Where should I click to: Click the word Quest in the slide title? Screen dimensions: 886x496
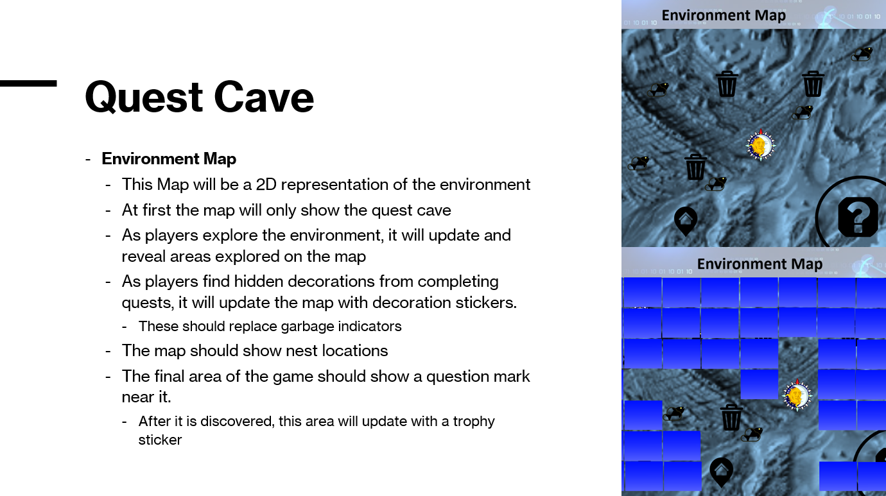tap(144, 98)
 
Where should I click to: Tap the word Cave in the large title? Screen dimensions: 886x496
tap(264, 98)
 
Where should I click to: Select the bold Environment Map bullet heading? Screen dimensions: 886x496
tap(169, 158)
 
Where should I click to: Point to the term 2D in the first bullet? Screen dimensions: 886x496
tap(266, 185)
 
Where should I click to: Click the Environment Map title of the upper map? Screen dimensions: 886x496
tap(724, 15)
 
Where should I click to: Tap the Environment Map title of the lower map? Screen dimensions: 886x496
tap(760, 264)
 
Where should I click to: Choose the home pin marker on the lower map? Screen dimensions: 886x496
tap(721, 472)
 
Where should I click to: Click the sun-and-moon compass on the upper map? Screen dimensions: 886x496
tap(760, 145)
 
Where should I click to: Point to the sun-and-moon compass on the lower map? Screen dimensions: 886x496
tap(797, 396)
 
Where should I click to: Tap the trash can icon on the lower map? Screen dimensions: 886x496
tap(731, 417)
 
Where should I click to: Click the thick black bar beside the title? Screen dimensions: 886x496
tap(28, 83)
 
